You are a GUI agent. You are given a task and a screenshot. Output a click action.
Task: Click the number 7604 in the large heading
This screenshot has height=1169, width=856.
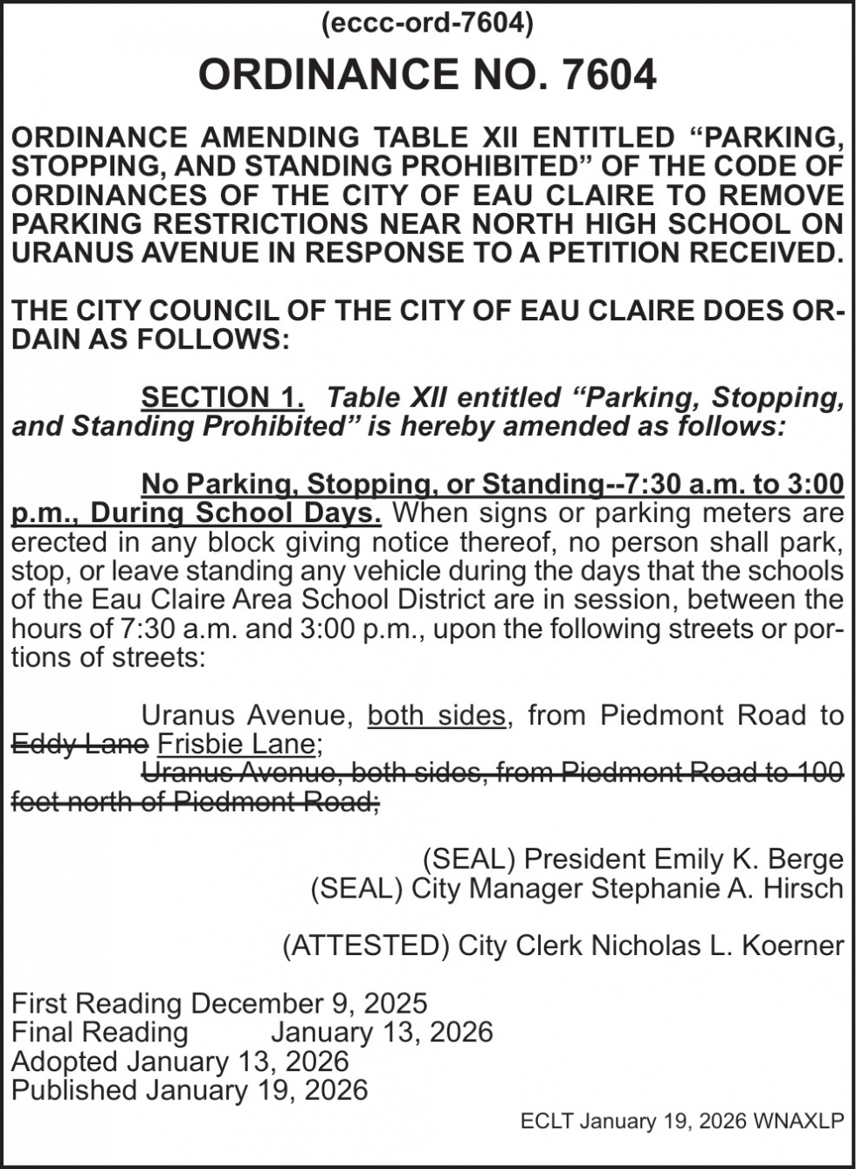tap(608, 74)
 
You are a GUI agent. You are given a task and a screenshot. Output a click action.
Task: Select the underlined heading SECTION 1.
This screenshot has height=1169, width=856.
tap(223, 397)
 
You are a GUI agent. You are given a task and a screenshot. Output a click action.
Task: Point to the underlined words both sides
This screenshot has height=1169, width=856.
tap(436, 715)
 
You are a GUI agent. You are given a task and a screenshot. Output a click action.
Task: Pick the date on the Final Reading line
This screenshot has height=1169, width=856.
tap(382, 1032)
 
